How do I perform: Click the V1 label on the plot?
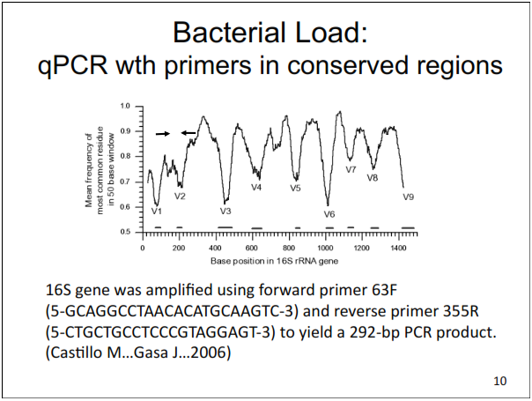coord(156,211)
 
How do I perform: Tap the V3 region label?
coord(225,212)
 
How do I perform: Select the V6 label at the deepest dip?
coord(329,214)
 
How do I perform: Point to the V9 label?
coord(409,197)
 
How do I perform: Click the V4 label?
coord(256,187)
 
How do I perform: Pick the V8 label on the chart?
coord(373,178)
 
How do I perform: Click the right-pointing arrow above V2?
coord(163,134)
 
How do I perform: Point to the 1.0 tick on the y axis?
coord(125,107)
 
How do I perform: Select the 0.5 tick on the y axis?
coord(125,232)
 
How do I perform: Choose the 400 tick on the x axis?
coord(216,249)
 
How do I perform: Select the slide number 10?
coord(499,381)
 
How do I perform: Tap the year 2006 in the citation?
coord(216,353)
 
